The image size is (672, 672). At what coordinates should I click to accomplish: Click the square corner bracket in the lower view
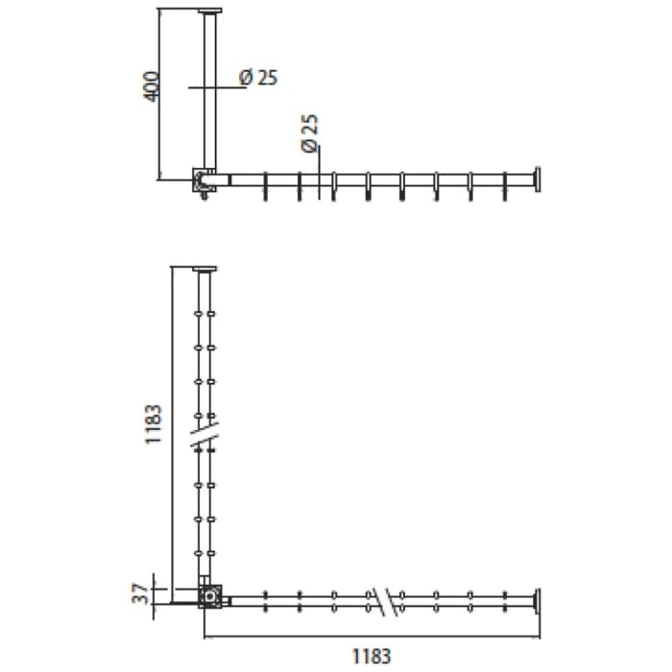click(209, 598)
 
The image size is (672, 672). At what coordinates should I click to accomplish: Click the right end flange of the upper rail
click(540, 179)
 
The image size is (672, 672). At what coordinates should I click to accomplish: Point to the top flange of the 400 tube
click(209, 12)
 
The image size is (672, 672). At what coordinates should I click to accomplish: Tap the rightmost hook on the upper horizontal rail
click(505, 186)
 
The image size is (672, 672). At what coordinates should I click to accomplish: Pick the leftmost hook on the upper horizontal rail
click(263, 186)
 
